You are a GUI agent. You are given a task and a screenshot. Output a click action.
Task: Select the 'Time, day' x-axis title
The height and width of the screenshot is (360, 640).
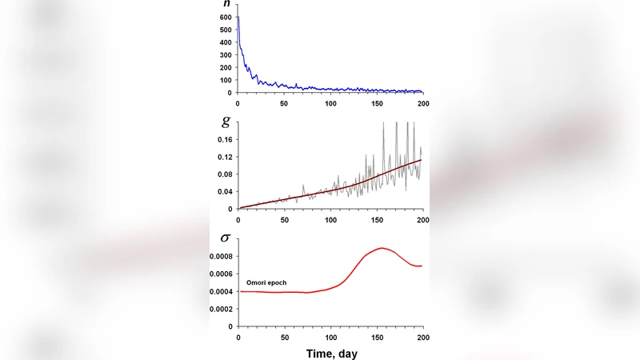click(330, 351)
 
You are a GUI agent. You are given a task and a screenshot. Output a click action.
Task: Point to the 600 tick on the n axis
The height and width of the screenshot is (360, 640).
click(225, 17)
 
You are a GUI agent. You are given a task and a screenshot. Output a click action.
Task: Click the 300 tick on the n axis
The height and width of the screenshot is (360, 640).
click(225, 55)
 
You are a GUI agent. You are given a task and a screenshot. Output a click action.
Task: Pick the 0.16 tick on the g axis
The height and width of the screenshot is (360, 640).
click(223, 139)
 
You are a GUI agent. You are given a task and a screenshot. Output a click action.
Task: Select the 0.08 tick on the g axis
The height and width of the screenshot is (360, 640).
click(223, 174)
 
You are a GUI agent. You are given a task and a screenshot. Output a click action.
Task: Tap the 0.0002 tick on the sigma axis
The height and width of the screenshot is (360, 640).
click(220, 309)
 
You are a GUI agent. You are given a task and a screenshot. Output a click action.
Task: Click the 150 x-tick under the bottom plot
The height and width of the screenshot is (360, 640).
click(377, 335)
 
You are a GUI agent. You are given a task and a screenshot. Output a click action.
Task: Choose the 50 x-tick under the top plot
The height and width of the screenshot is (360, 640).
click(284, 103)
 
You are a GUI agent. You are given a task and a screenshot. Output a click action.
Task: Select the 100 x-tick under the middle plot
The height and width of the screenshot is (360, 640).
click(330, 219)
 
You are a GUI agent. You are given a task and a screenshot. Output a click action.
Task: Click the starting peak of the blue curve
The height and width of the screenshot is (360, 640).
click(238, 17)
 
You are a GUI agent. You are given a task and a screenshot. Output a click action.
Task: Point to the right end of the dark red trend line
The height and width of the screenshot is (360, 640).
click(421, 159)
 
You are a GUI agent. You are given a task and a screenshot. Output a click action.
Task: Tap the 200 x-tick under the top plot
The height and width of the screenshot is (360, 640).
click(422, 103)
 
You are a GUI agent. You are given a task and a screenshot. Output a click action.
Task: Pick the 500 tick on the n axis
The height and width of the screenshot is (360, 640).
click(225, 30)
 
